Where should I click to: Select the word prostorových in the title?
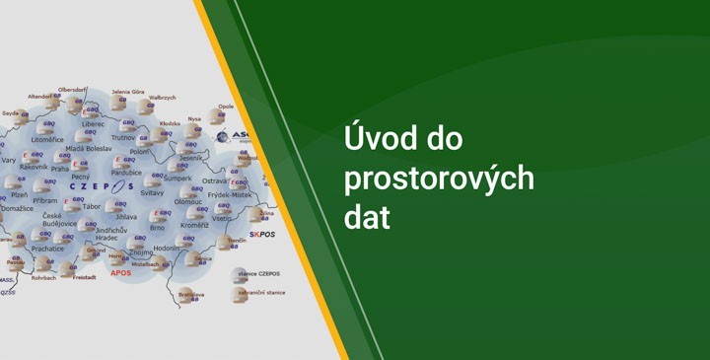click(x=439, y=180)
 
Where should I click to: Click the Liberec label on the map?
click(x=94, y=124)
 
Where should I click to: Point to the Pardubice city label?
click(x=128, y=173)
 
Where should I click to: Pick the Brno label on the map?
click(x=157, y=227)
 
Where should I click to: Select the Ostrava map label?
click(x=214, y=180)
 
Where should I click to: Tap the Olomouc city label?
click(x=188, y=201)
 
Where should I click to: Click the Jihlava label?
click(x=126, y=216)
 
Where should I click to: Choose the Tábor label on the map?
click(x=92, y=206)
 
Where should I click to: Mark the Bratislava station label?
click(x=191, y=293)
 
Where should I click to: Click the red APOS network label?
click(x=120, y=273)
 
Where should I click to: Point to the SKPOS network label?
click(x=262, y=235)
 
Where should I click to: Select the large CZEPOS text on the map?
click(x=102, y=185)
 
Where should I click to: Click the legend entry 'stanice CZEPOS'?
click(x=262, y=273)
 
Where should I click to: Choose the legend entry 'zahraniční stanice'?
click(x=265, y=292)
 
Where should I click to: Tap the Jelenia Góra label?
click(x=128, y=92)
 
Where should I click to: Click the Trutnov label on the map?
click(x=123, y=137)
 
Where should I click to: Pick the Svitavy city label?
click(x=152, y=192)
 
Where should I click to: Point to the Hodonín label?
click(x=167, y=248)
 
